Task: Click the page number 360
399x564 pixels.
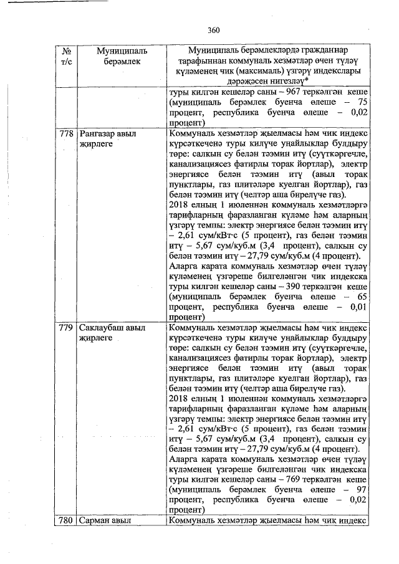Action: point(214,30)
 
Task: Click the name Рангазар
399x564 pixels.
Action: point(99,134)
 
